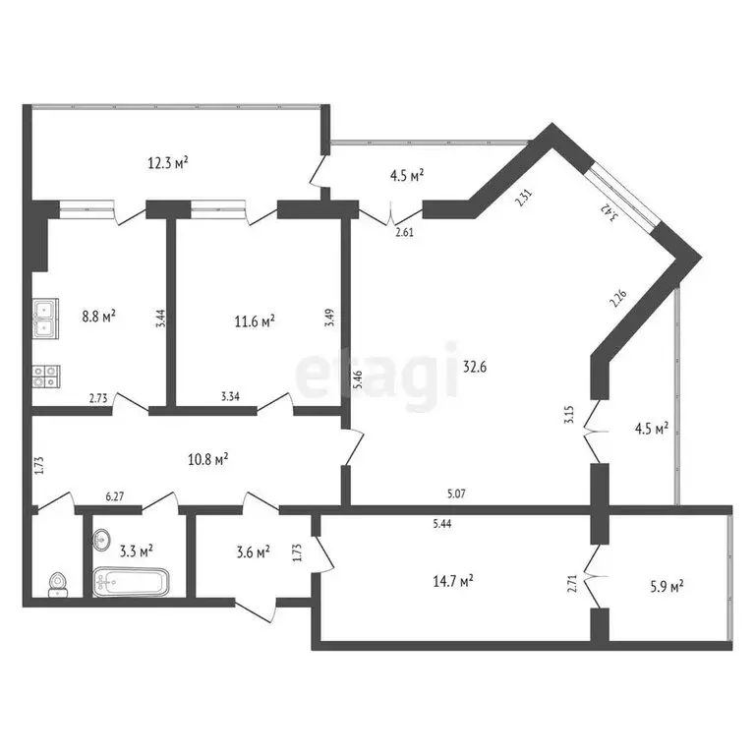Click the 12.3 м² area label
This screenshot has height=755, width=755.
[168, 163]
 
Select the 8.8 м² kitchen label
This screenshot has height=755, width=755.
[99, 317]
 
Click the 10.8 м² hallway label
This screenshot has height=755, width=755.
[208, 458]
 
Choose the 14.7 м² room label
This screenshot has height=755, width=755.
[453, 582]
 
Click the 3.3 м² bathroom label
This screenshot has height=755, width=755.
[136, 551]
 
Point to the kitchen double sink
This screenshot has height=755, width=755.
[45, 317]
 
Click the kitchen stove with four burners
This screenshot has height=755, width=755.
[45, 374]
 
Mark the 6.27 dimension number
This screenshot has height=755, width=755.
[114, 497]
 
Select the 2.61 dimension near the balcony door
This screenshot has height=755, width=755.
[404, 232]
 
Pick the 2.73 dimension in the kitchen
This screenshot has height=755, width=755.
[97, 398]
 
